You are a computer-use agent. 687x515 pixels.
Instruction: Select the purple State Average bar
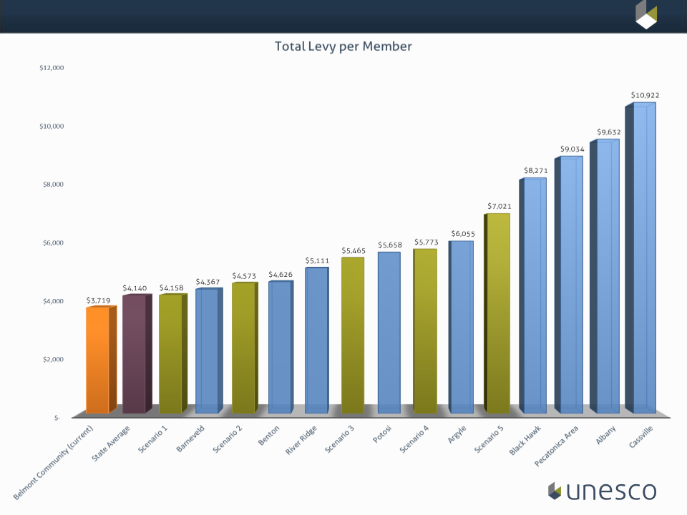point(134,354)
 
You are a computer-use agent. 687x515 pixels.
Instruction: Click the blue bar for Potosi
point(389,333)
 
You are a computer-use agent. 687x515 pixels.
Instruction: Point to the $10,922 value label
point(645,95)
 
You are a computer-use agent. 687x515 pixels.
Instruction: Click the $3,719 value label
point(99,300)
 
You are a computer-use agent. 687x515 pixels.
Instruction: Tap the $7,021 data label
point(500,206)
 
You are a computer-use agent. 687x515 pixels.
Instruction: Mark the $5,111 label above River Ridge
point(317,260)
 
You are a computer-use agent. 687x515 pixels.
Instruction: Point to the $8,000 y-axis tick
point(52,184)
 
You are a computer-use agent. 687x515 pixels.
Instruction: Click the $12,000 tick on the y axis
point(52,68)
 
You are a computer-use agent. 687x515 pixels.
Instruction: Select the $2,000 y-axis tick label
point(52,359)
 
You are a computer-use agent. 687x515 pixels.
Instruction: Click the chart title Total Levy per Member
point(343,46)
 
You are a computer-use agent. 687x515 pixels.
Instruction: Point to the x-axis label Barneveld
point(191,441)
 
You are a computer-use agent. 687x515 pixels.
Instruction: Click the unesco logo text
point(610,491)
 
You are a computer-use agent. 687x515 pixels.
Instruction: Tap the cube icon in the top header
point(646,14)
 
